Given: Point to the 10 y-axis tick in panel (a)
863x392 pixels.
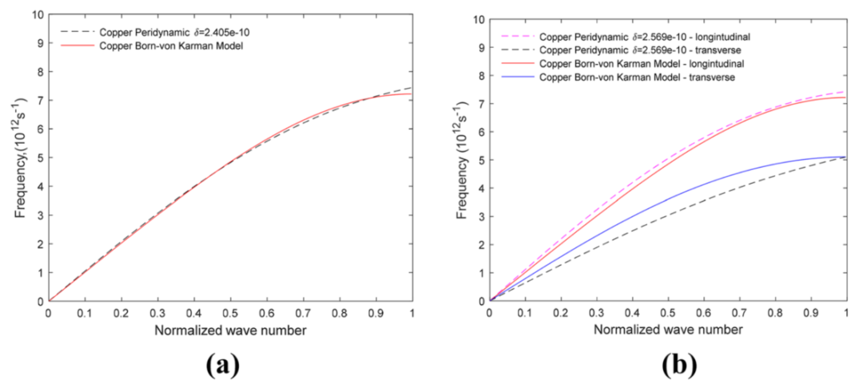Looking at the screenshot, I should (38, 14).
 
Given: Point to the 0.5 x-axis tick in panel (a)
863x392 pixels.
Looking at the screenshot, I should (230, 312).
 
